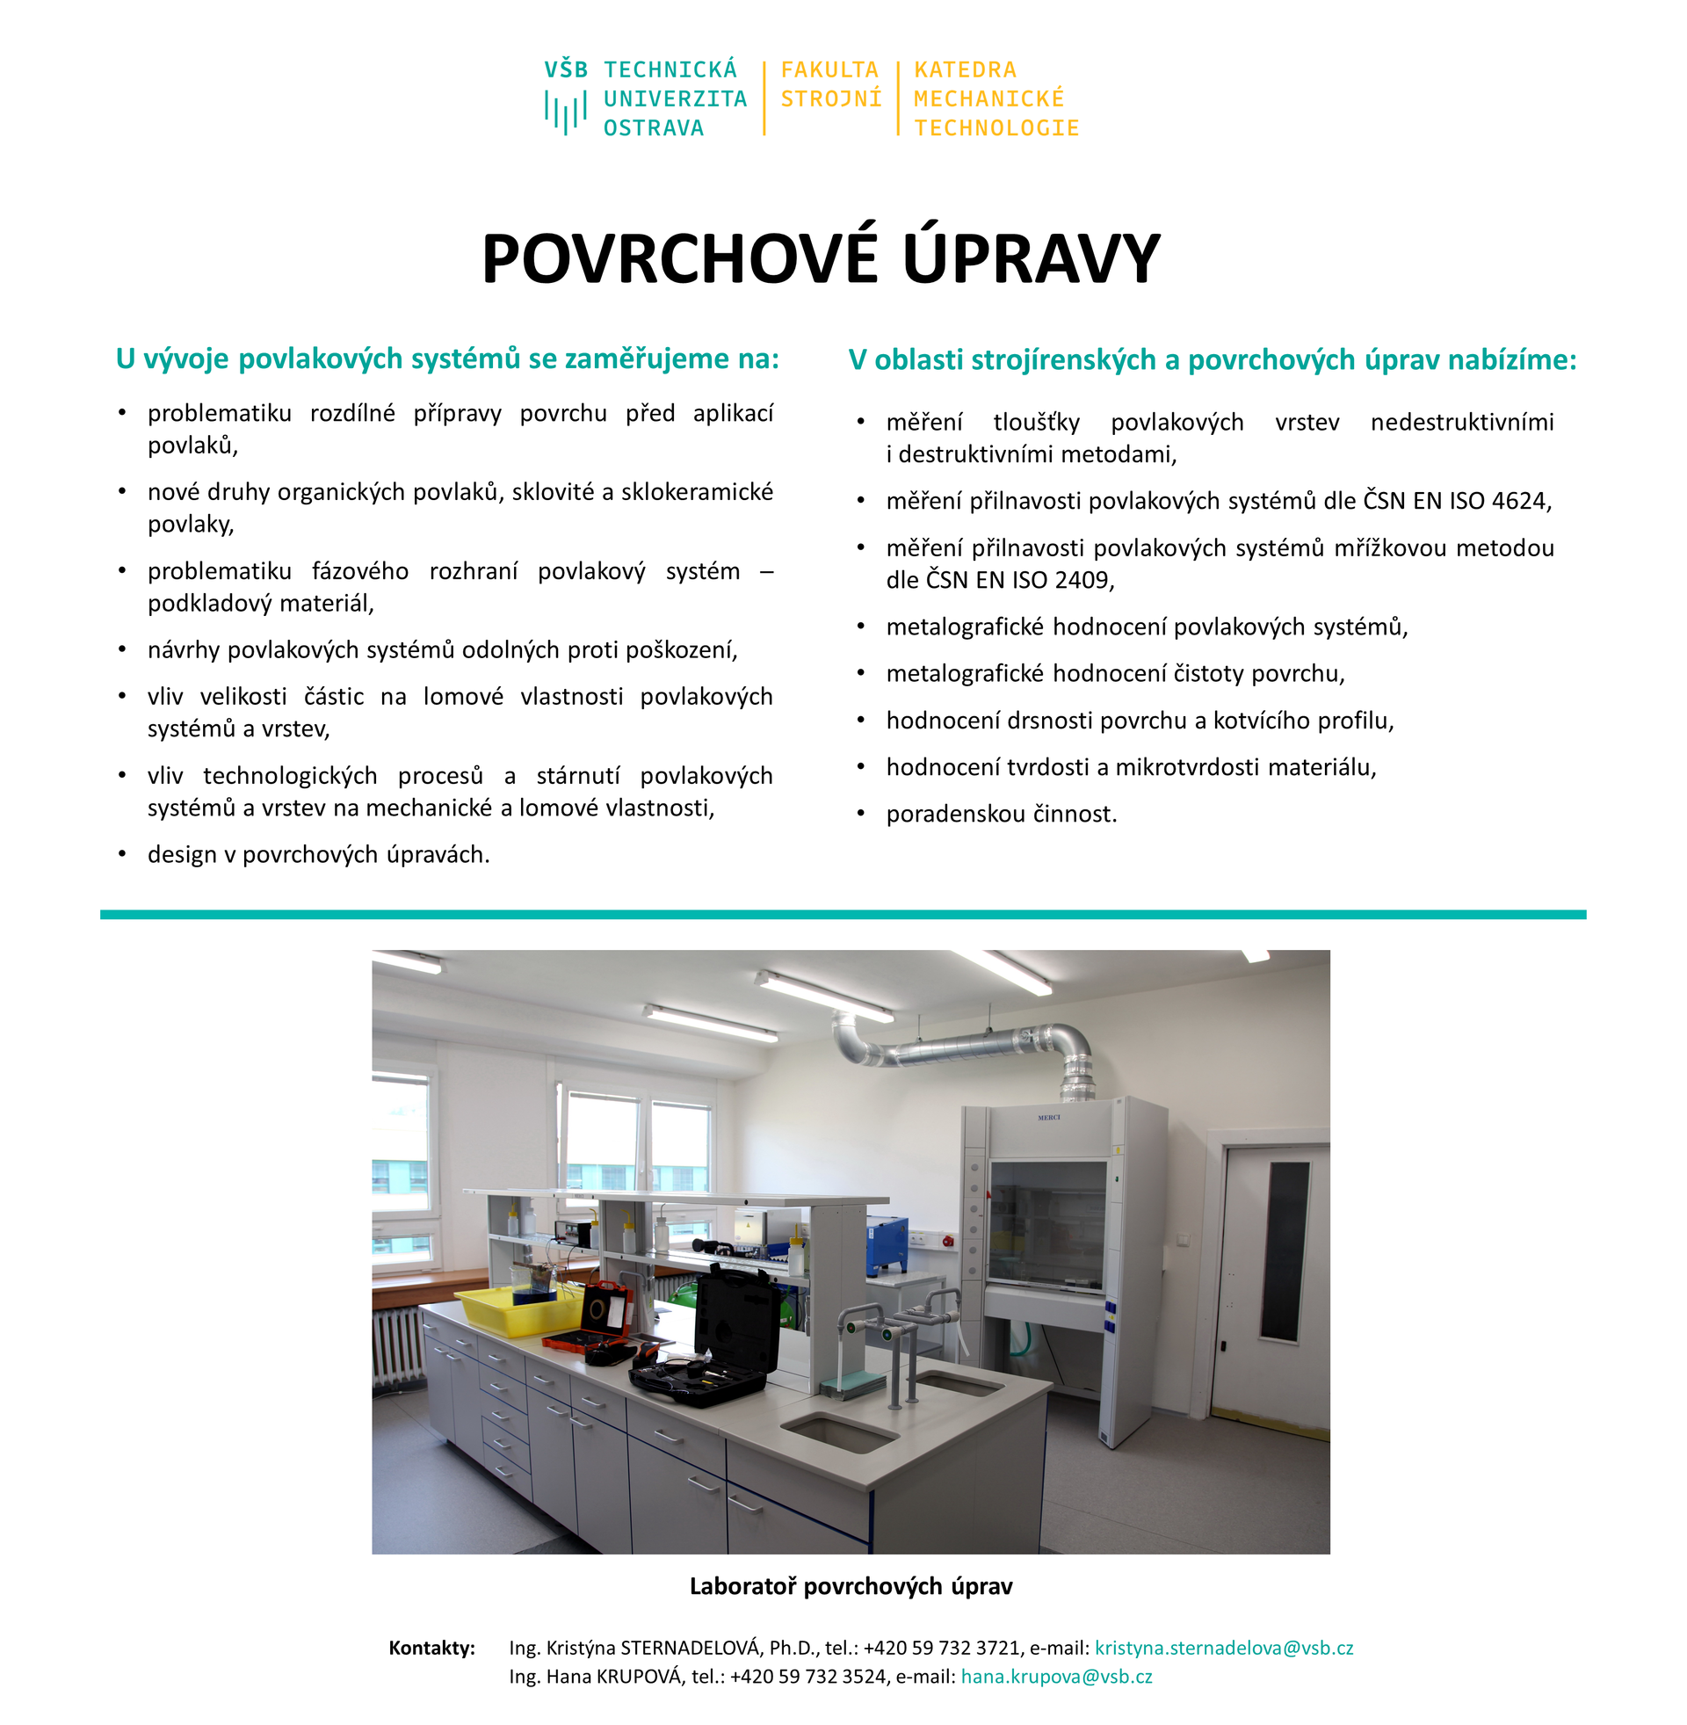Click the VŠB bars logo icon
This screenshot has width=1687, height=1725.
click(x=565, y=112)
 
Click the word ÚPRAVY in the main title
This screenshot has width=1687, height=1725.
click(x=1032, y=258)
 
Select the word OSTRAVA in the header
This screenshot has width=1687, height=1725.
click(x=654, y=128)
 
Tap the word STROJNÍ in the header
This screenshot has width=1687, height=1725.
click(x=831, y=99)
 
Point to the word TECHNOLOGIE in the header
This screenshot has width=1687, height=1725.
click(x=996, y=128)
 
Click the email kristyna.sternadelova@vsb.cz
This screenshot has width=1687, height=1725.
click(x=1224, y=1648)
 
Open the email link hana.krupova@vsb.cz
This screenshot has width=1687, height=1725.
click(x=1056, y=1677)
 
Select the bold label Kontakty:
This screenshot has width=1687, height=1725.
click(x=432, y=1648)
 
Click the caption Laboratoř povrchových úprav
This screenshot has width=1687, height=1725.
click(x=851, y=1586)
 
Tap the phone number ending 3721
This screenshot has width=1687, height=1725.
click(x=942, y=1648)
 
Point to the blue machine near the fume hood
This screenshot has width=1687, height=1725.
click(x=887, y=1246)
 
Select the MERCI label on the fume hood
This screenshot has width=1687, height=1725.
click(x=1048, y=1117)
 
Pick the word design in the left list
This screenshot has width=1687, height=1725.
click(x=182, y=855)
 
